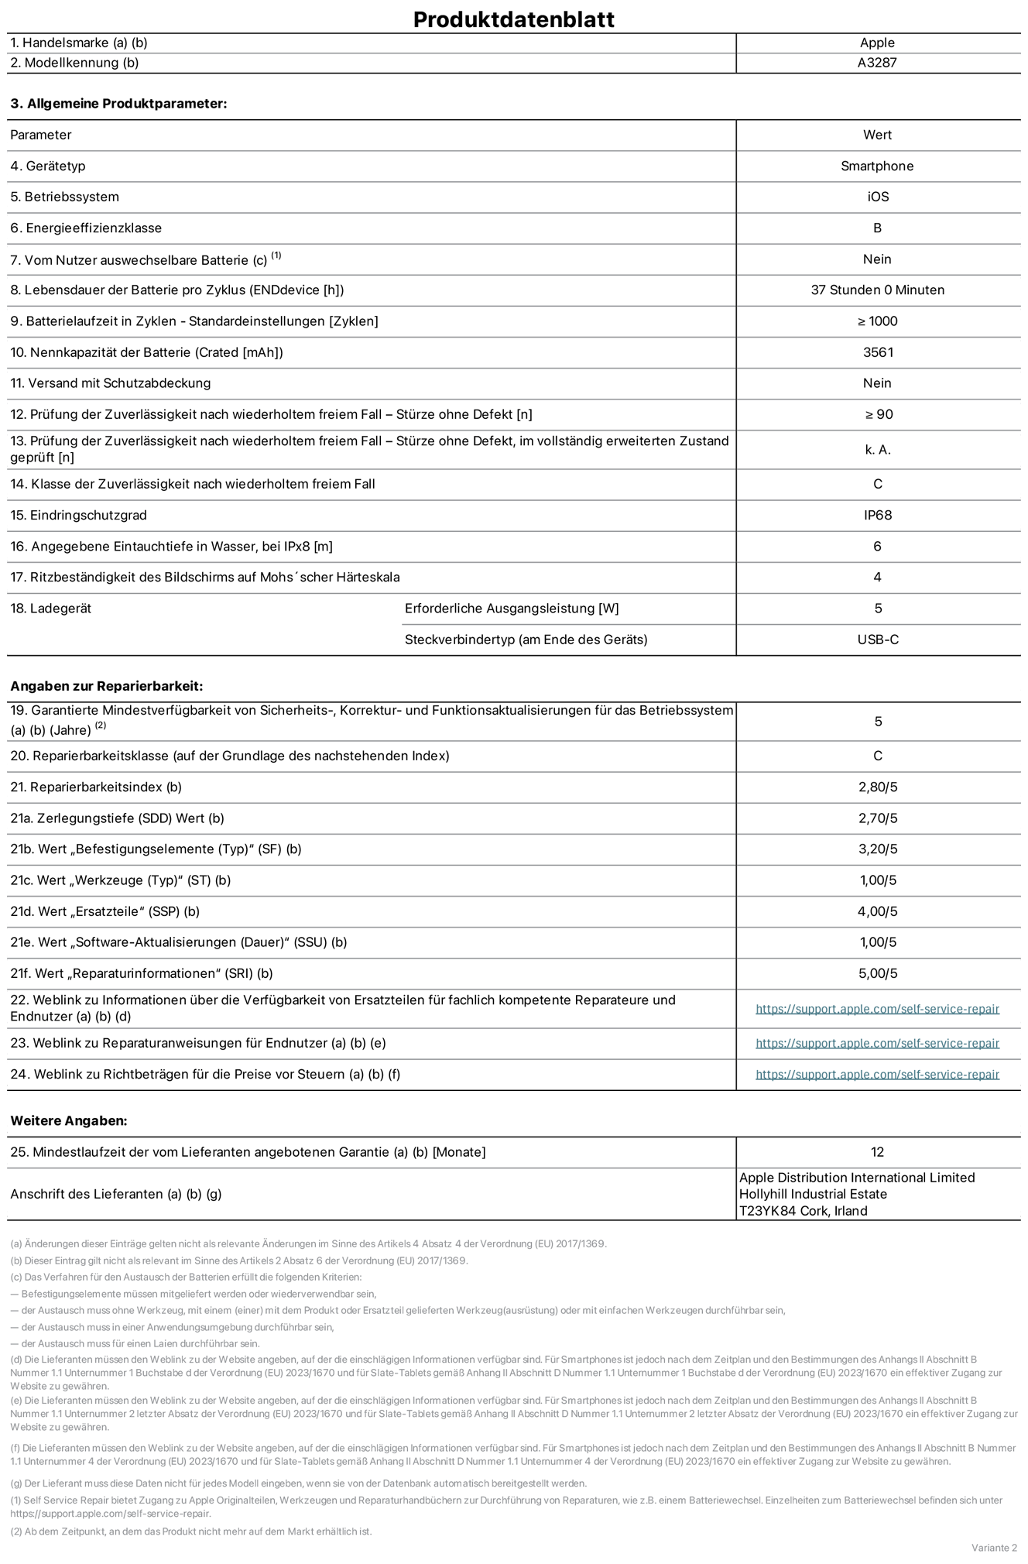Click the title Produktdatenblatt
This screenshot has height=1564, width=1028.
[513, 19]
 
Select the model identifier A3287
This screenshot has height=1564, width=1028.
[877, 63]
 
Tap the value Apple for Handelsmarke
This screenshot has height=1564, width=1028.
[877, 43]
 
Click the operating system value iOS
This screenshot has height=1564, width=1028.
[878, 197]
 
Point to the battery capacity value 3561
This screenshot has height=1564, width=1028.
[878, 352]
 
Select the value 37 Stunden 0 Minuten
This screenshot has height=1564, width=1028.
[877, 290]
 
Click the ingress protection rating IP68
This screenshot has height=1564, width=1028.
[878, 515]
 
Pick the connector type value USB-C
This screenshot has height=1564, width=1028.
[878, 640]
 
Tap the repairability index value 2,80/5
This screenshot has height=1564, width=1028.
[878, 787]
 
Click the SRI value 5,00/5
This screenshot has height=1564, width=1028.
[878, 973]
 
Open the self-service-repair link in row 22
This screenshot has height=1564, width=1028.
[877, 1009]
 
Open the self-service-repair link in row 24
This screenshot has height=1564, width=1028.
[877, 1075]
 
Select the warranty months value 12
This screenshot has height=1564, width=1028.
[877, 1152]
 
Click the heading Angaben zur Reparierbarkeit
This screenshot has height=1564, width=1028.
[106, 686]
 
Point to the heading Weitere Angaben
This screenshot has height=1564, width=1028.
[69, 1120]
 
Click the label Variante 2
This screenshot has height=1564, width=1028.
[994, 1548]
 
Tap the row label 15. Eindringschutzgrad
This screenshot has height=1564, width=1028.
[78, 515]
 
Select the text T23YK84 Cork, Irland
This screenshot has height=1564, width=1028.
[803, 1211]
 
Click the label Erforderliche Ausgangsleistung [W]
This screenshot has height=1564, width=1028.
[512, 609]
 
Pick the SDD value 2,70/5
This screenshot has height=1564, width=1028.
[878, 818]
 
